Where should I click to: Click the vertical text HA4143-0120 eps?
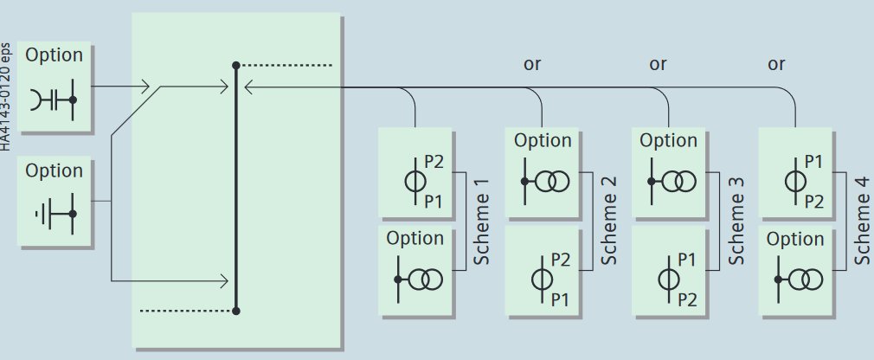6,95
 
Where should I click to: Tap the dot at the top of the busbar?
235,66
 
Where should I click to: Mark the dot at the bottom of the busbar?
235,310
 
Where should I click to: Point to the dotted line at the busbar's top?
286,66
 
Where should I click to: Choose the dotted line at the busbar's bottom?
186,310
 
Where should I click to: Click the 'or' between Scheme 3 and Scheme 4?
776,64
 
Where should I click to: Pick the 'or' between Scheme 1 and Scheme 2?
532,64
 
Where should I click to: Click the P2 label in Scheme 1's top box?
434,161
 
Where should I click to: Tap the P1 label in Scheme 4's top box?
813,161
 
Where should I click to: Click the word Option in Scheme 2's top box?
543,140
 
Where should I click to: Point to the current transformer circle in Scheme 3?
667,279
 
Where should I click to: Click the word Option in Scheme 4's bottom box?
795,239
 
